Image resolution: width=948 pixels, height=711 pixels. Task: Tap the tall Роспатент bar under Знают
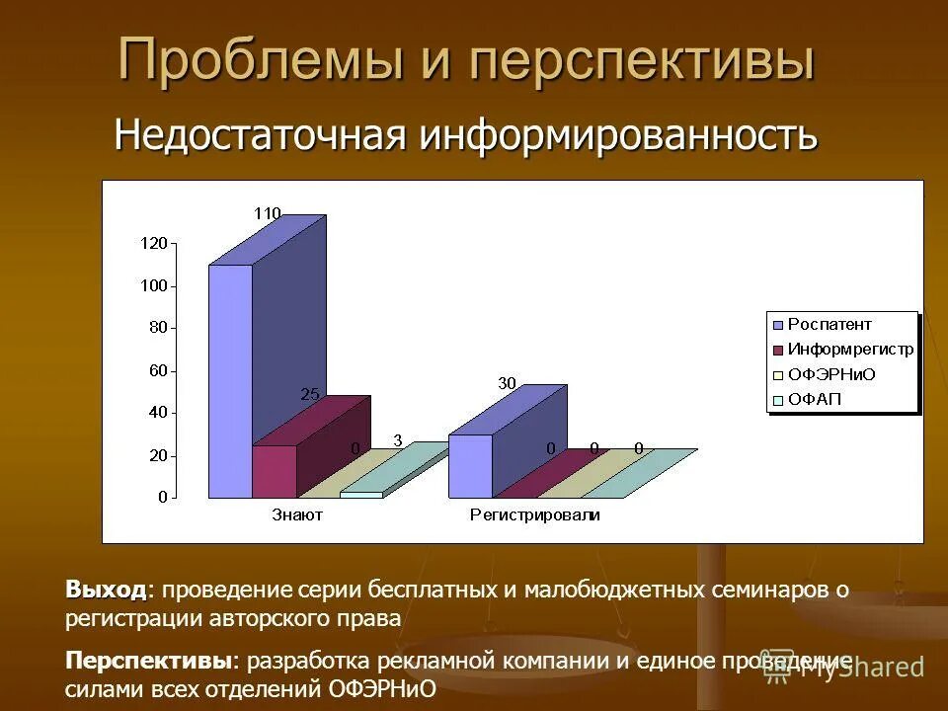(230, 380)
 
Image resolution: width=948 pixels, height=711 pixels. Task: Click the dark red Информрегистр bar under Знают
(275, 471)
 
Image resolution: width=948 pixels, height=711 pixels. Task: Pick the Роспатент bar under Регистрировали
(470, 465)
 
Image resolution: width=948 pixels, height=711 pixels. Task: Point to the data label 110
(268, 213)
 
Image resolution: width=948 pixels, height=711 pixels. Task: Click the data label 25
(310, 394)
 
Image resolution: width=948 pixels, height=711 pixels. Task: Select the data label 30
(507, 383)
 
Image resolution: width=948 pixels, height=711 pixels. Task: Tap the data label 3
(397, 441)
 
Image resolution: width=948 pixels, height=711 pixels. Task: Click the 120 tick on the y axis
(155, 243)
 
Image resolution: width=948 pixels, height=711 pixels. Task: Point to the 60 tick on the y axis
(158, 370)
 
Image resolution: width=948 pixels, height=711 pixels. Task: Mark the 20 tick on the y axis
(158, 455)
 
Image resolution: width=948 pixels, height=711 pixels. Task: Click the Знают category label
(296, 514)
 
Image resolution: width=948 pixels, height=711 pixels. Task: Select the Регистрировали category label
(534, 514)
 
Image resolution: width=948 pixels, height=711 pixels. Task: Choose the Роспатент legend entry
(829, 324)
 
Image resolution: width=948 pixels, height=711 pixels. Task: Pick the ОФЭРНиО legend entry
(831, 375)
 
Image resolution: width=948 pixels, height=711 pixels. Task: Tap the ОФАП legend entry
(815, 400)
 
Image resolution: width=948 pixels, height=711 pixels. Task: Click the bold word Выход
(106, 591)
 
